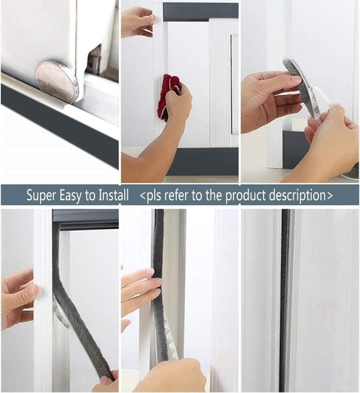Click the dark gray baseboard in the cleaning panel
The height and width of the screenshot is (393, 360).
pos(204,161)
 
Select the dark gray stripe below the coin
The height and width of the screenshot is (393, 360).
pos(59,122)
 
